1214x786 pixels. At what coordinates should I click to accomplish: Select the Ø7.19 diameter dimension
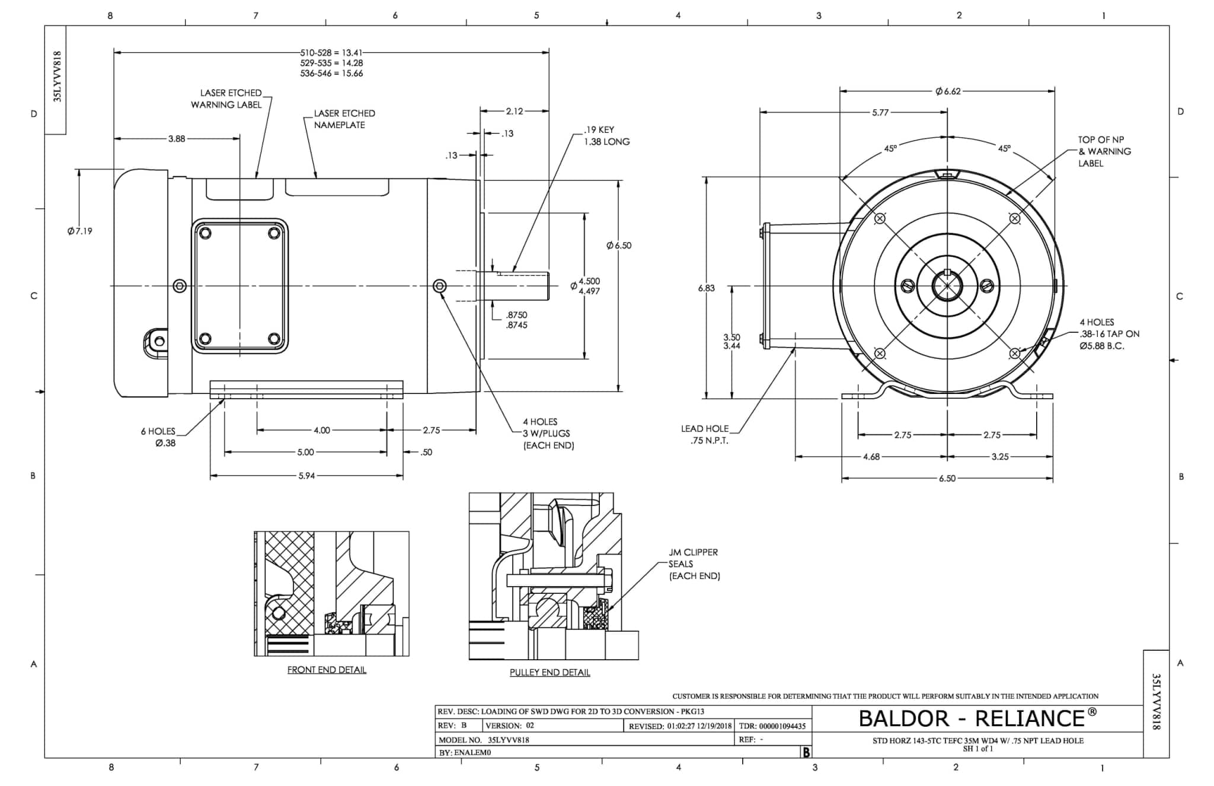pyautogui.click(x=80, y=231)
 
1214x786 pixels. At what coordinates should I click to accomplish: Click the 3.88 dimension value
pyautogui.click(x=177, y=139)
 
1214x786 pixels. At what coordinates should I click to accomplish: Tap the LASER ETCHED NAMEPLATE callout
pyautogui.click(x=344, y=119)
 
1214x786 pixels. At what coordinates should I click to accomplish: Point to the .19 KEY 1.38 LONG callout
pyautogui.click(x=606, y=136)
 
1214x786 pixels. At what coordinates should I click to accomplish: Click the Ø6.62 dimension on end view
pyautogui.click(x=948, y=91)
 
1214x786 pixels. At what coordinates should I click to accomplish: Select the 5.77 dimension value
pyautogui.click(x=880, y=112)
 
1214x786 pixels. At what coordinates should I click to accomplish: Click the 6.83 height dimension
pyautogui.click(x=706, y=288)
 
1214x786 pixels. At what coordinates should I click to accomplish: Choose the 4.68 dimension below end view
pyautogui.click(x=871, y=457)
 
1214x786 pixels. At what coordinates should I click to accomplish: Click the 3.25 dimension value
pyautogui.click(x=999, y=457)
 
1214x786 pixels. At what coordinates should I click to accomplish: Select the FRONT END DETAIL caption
pyautogui.click(x=327, y=670)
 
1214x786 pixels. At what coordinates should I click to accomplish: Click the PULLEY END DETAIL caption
pyautogui.click(x=550, y=672)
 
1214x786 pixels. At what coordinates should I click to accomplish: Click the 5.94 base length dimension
pyautogui.click(x=306, y=476)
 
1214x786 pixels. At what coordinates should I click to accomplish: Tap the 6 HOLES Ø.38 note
pyautogui.click(x=158, y=437)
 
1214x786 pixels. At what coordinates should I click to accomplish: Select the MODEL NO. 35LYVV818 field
pyautogui.click(x=484, y=740)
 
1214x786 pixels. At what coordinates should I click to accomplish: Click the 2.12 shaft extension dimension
pyautogui.click(x=514, y=111)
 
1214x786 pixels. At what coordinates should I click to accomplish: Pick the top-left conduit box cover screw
pyautogui.click(x=205, y=233)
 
